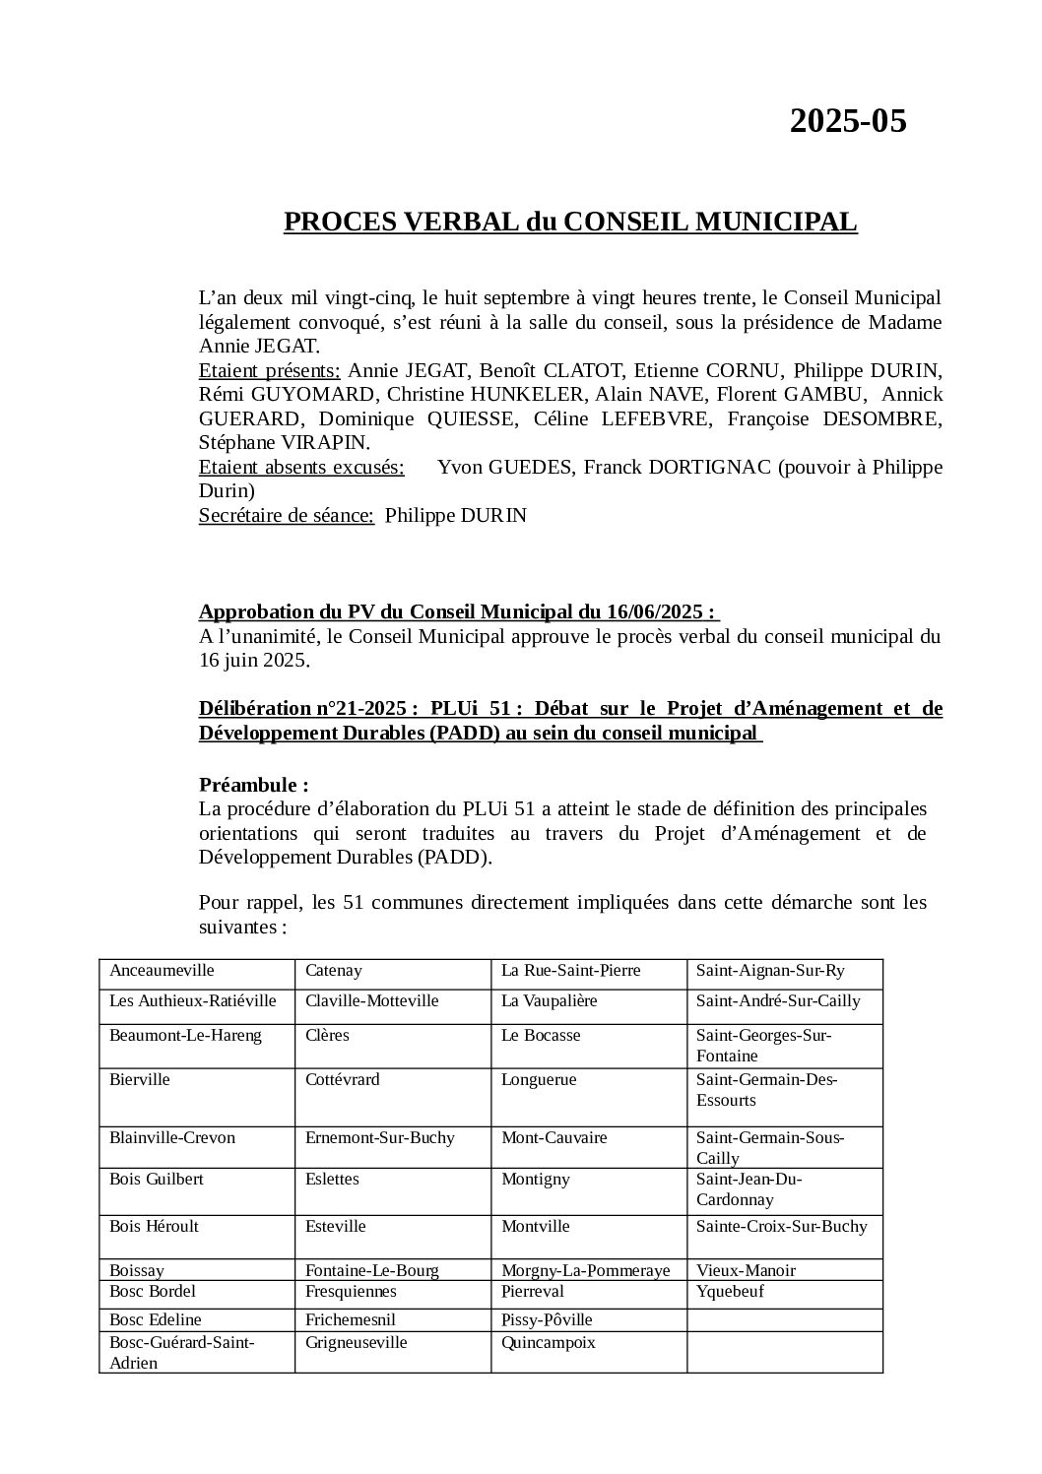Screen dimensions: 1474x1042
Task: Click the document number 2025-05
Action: click(x=847, y=121)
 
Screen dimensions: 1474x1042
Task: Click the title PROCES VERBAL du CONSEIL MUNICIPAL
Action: click(x=570, y=223)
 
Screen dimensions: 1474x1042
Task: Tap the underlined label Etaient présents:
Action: click(x=269, y=370)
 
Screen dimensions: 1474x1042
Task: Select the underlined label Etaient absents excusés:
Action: click(x=301, y=467)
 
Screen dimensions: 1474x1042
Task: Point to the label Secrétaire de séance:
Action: click(x=286, y=515)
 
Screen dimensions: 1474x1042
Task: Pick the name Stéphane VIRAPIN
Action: click(x=284, y=442)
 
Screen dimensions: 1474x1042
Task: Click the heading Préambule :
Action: click(x=253, y=785)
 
